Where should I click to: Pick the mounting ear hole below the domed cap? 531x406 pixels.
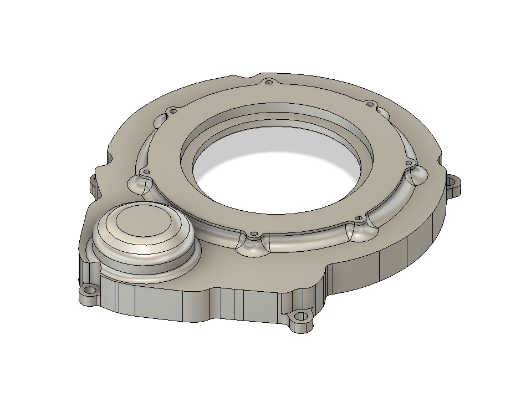point(87,290)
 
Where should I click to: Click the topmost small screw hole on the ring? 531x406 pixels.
point(269,83)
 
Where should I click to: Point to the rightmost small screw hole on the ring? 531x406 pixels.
point(409,163)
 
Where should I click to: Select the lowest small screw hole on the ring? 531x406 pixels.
point(253,235)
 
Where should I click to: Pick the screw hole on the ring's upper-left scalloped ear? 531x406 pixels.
point(173,111)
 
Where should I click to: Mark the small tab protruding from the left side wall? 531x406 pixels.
point(91,184)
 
